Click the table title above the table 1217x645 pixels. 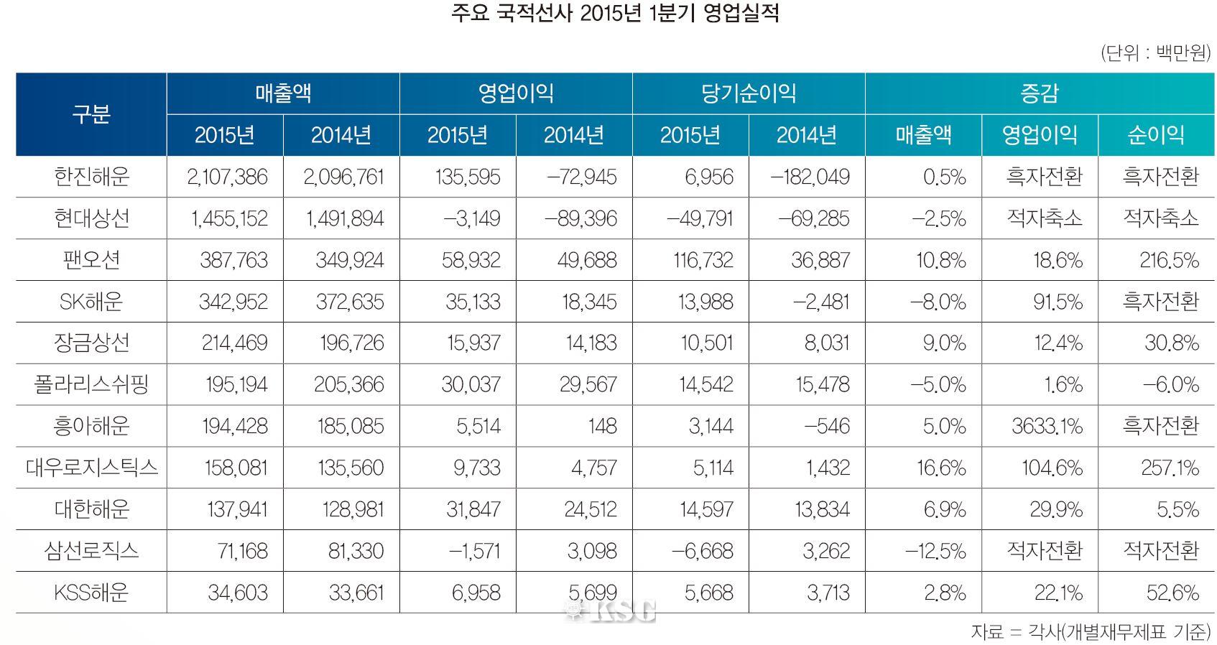click(x=614, y=14)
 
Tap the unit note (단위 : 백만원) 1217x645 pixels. click(x=1154, y=54)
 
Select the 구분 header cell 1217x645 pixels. click(x=91, y=114)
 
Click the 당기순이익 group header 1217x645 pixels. click(x=748, y=93)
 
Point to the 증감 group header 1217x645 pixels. click(x=1039, y=93)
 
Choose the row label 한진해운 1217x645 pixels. click(x=91, y=177)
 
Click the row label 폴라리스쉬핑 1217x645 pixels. click(x=91, y=384)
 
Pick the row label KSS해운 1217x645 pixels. click(x=91, y=593)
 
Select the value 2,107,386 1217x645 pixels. click(x=227, y=177)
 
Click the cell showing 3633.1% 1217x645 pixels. click(x=1047, y=426)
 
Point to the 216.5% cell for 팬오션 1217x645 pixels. click(x=1169, y=260)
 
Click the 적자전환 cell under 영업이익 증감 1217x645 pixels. click(x=1044, y=551)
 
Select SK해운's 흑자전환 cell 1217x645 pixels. click(x=1160, y=302)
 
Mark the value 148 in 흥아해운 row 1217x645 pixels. click(x=602, y=426)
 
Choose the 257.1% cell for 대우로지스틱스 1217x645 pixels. click(x=1170, y=468)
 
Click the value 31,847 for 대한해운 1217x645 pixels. click(x=473, y=509)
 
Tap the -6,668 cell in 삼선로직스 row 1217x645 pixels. click(x=702, y=551)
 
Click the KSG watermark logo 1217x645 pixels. click(x=611, y=611)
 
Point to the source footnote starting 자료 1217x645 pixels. click(x=1090, y=631)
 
